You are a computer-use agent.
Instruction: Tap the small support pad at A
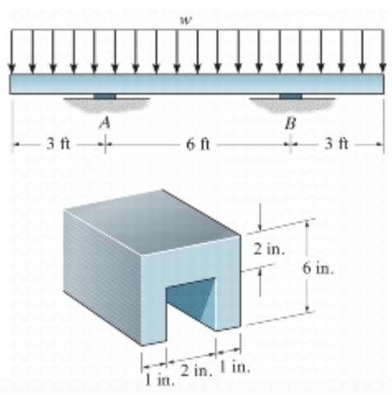click(x=105, y=97)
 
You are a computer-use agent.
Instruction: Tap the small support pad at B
click(x=290, y=97)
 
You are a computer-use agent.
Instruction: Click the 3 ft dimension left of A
click(x=58, y=146)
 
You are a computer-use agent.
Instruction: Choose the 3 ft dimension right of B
click(x=337, y=146)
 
